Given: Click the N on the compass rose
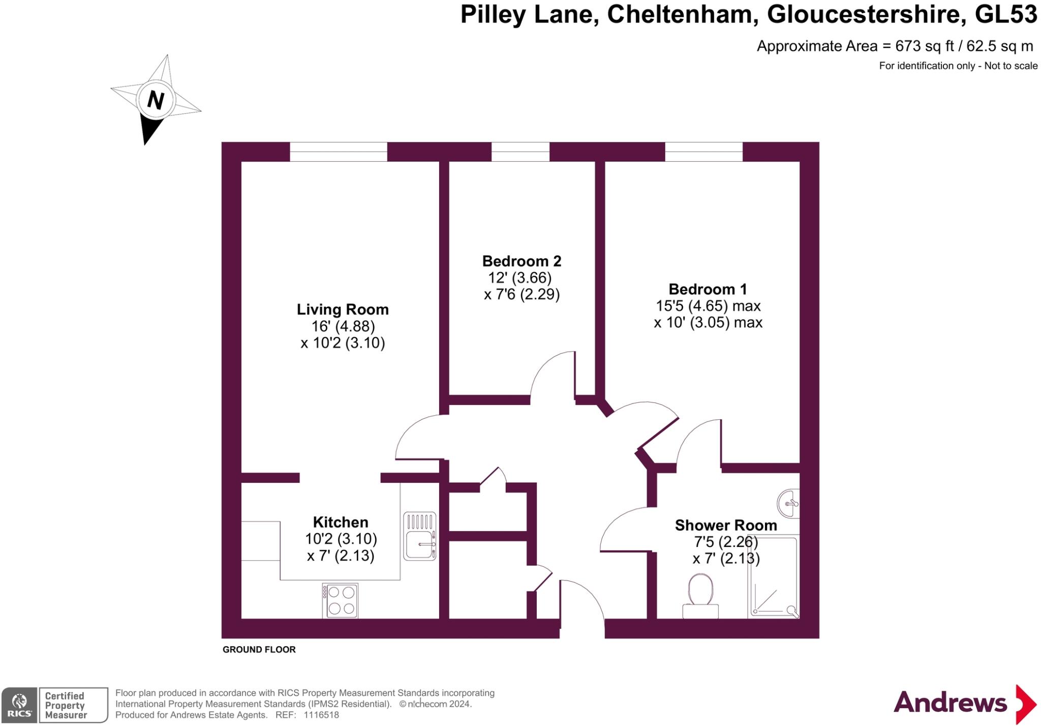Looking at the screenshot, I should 156,100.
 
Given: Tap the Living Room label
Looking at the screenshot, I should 343,309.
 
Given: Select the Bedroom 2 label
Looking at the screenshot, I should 522,261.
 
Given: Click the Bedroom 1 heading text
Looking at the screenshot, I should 708,289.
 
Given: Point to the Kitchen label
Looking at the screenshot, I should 340,522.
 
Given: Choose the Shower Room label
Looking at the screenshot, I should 725,525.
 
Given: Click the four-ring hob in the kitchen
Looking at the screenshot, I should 340,600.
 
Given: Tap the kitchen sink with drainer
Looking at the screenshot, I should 419,536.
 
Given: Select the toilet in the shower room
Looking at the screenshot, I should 700,595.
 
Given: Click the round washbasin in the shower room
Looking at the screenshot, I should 788,503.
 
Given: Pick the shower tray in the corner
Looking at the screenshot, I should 773,577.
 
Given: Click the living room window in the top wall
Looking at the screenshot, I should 339,152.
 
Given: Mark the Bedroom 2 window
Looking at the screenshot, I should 520,152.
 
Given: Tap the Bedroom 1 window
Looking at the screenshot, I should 703,152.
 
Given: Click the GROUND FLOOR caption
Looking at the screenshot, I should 259,650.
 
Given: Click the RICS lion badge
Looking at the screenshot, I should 19,705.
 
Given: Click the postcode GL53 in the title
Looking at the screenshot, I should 1005,14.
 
